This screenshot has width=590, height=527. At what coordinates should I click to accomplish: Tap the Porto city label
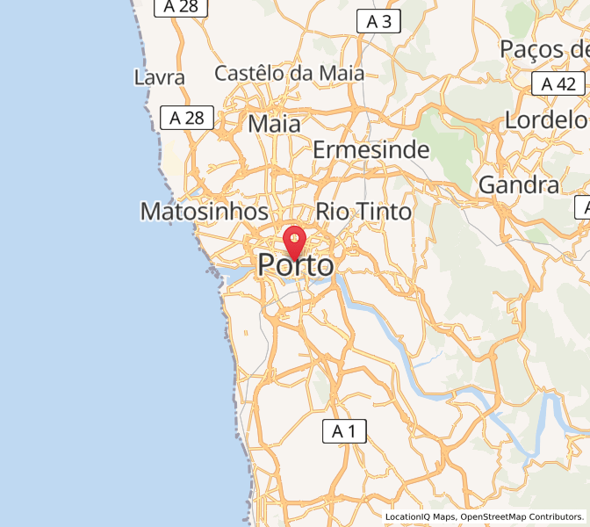(x=296, y=264)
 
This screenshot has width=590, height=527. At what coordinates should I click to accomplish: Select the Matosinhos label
(x=204, y=212)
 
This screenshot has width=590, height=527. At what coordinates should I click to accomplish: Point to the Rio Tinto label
(x=363, y=212)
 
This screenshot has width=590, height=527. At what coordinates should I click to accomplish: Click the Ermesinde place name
(x=371, y=149)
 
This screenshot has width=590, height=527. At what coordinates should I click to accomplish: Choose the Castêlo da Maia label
(x=290, y=73)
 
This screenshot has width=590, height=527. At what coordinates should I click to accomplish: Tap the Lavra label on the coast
(x=160, y=77)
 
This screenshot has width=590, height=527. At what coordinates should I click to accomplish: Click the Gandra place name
(x=518, y=184)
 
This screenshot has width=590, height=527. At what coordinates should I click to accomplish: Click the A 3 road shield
(x=378, y=22)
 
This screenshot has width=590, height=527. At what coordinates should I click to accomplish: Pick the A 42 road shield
(x=558, y=84)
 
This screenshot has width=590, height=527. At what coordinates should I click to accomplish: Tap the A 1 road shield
(x=344, y=431)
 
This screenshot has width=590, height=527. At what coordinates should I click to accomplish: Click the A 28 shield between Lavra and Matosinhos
(x=186, y=118)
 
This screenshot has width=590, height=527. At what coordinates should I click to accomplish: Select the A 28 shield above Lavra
(x=181, y=7)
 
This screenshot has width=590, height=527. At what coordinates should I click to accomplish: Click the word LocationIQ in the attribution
(x=412, y=517)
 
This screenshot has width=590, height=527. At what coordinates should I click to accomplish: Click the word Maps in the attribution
(x=446, y=517)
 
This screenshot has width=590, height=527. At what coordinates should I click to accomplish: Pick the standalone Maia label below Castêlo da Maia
(x=274, y=124)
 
